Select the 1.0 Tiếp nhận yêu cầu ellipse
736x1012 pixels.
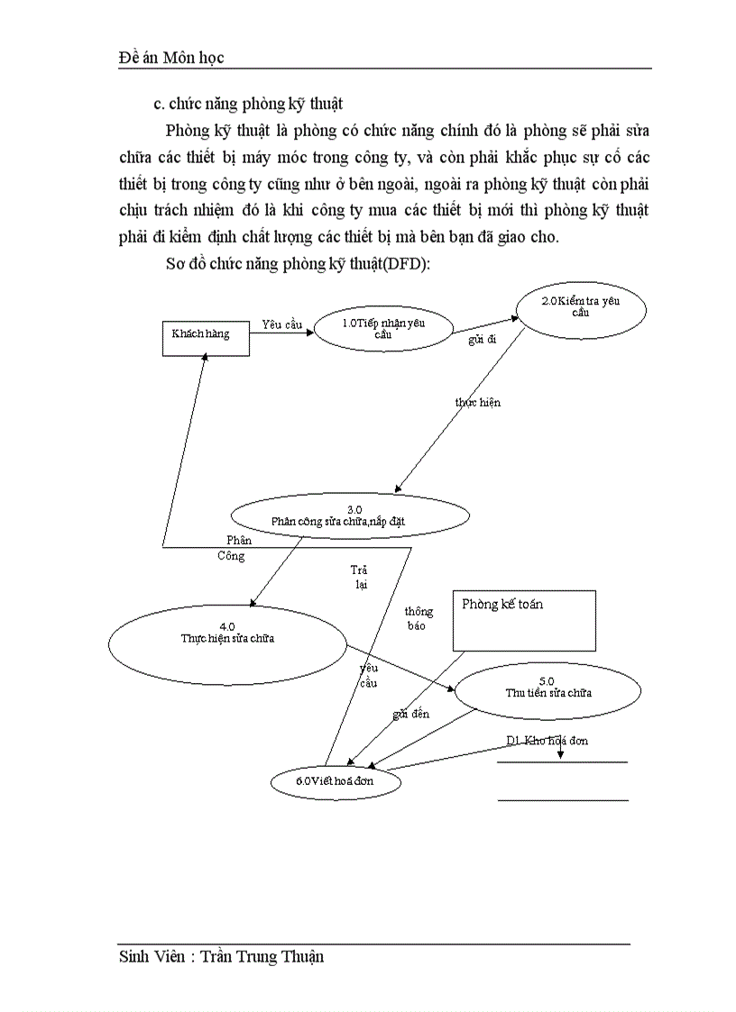[383, 329]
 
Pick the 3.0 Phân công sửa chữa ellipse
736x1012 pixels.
[350, 515]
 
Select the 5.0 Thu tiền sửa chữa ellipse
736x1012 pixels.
[547, 690]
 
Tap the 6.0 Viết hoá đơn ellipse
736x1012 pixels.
[335, 781]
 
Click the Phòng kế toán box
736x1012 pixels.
[523, 620]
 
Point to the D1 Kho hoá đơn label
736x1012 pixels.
[547, 741]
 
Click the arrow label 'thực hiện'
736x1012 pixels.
[478, 402]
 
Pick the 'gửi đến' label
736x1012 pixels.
[410, 714]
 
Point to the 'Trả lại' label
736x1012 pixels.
[360, 577]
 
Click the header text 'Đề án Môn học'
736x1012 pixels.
[171, 57]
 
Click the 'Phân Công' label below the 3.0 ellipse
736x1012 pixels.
[235, 548]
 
